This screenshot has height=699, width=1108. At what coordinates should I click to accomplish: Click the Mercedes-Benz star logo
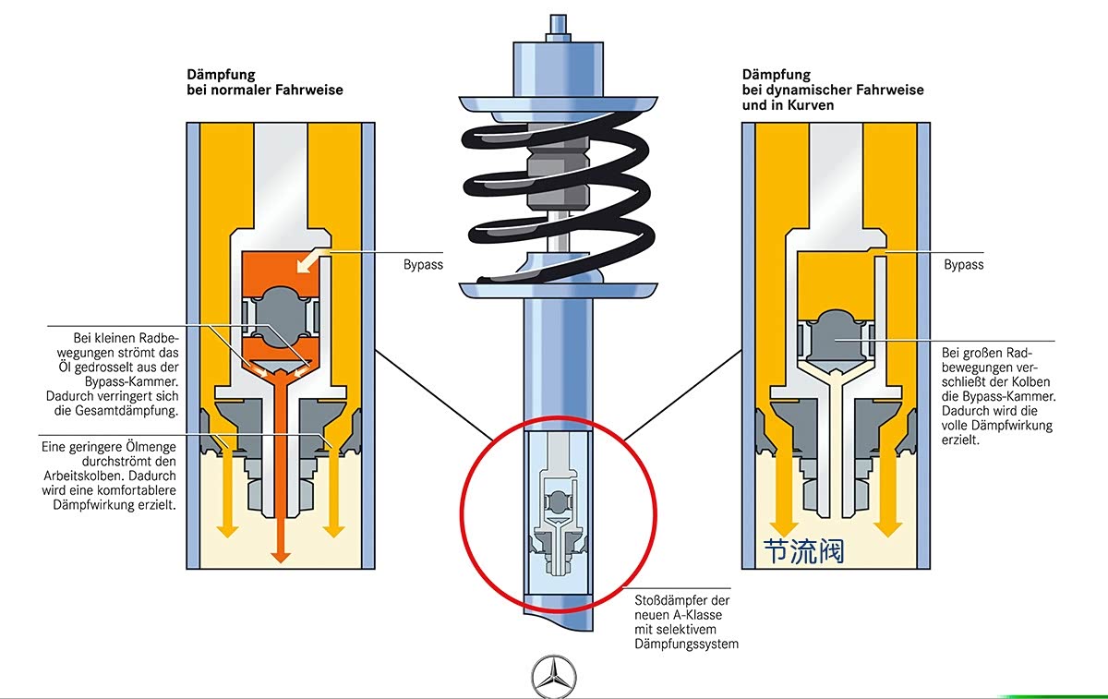click(x=553, y=676)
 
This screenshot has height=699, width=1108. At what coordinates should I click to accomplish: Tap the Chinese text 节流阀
click(x=803, y=551)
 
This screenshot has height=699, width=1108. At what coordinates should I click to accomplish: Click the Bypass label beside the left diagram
click(x=423, y=265)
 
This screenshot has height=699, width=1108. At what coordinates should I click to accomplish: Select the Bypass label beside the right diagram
click(x=964, y=265)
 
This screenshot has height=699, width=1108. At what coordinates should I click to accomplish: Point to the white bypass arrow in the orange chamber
click(x=310, y=260)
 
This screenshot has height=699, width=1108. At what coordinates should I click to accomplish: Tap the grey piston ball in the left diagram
click(x=280, y=317)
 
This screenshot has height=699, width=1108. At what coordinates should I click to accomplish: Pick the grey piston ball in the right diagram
click(x=836, y=340)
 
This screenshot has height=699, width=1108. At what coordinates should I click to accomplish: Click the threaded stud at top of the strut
click(x=558, y=24)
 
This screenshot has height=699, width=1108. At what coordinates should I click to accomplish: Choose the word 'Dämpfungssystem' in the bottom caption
click(x=687, y=645)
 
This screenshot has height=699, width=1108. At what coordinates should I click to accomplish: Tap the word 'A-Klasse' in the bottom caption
click(x=698, y=615)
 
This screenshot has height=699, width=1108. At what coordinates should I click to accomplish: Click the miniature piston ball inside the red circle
click(x=558, y=502)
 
